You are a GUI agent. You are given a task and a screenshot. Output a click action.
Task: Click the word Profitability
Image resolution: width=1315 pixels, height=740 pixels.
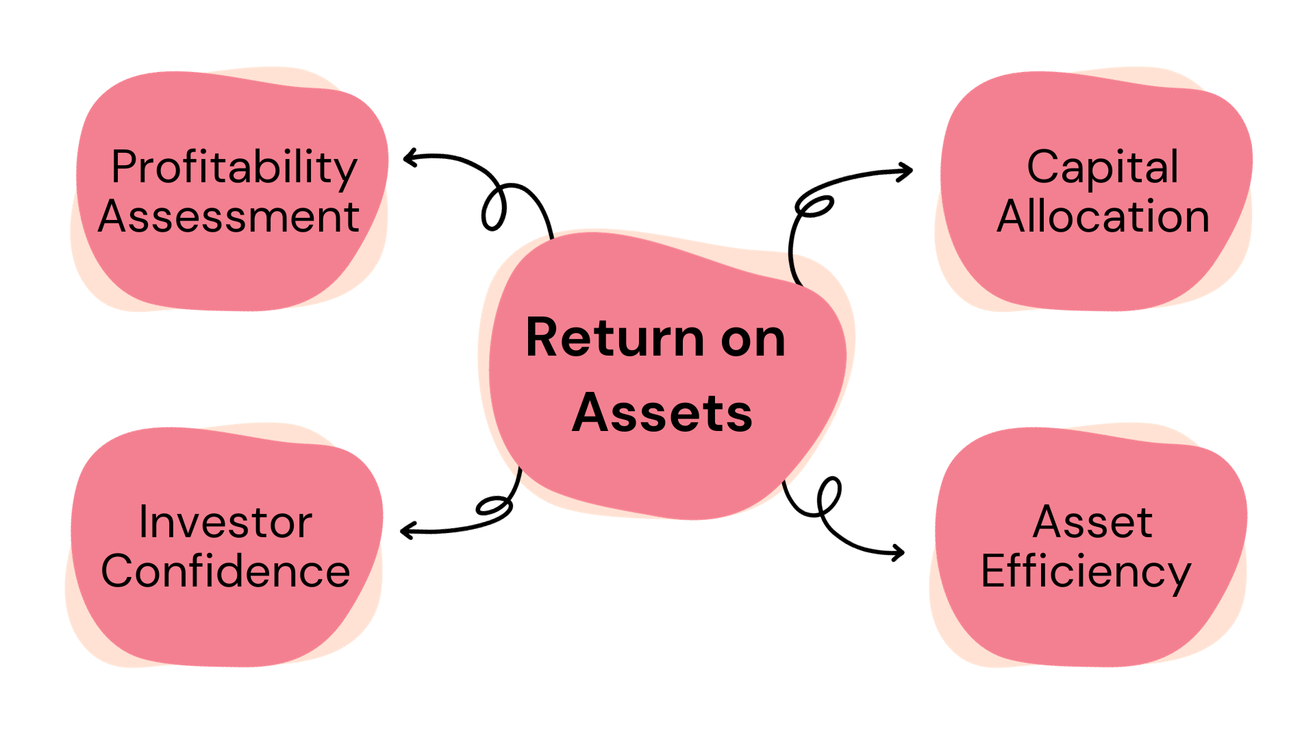click(x=234, y=168)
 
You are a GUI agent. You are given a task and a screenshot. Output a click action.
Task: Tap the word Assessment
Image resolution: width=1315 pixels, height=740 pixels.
click(x=229, y=217)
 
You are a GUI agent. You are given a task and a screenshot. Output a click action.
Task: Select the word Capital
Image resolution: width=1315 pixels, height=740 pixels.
click(x=1103, y=168)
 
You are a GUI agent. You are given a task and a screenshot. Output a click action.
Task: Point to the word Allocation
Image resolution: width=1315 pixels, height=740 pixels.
click(x=1103, y=217)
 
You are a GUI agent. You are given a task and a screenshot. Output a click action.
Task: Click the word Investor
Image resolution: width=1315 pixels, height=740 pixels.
click(x=225, y=523)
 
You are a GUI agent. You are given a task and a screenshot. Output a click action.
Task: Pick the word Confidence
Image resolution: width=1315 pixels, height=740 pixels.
click(x=225, y=572)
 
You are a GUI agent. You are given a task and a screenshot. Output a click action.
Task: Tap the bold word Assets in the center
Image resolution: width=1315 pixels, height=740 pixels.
click(x=662, y=414)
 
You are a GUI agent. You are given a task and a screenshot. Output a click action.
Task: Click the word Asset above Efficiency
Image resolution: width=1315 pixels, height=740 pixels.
click(x=1092, y=523)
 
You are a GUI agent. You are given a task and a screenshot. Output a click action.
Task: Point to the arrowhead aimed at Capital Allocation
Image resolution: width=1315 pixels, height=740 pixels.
click(x=907, y=171)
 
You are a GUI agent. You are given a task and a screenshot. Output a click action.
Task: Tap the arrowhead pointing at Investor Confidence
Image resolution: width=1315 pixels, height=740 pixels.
click(x=405, y=530)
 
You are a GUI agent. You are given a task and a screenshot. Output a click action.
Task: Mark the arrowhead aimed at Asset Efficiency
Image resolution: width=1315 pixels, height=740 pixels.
click(x=899, y=552)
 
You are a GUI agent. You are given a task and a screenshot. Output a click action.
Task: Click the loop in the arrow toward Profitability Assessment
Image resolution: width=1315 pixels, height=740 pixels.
click(x=494, y=207)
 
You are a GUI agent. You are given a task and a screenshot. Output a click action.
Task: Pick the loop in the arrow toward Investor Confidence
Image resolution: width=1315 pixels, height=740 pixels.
click(x=494, y=506)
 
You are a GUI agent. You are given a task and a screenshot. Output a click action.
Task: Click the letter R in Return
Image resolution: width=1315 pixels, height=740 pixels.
click(x=541, y=338)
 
